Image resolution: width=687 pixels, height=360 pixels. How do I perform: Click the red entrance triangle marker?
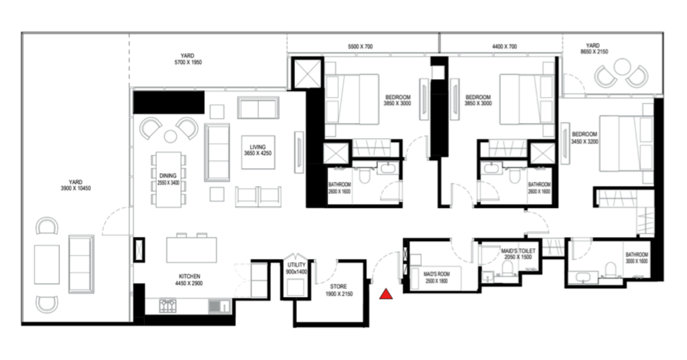click(386, 294)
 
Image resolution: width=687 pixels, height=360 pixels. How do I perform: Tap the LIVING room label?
click(258, 150)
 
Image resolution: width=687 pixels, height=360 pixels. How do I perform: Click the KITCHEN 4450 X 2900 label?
click(190, 280)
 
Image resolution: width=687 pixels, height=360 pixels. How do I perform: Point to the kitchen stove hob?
click(167, 306)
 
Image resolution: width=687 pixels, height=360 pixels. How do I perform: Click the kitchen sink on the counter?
click(219, 306)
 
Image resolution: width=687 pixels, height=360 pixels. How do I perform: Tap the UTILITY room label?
click(296, 268)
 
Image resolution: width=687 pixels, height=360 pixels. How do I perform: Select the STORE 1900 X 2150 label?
click(339, 290)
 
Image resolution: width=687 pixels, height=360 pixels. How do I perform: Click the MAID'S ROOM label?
click(437, 277)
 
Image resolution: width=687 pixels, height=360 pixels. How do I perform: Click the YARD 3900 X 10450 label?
click(75, 185)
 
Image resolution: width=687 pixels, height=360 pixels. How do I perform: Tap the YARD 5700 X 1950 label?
click(187, 59)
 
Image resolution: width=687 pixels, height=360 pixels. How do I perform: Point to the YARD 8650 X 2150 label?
click(594, 48)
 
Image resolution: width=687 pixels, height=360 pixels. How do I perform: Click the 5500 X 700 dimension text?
click(360, 46)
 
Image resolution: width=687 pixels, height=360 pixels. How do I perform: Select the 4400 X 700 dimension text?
click(504, 46)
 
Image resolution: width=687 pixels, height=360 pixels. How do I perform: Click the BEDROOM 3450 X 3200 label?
click(585, 138)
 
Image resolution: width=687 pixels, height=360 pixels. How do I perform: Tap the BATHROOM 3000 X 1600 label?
click(637, 258)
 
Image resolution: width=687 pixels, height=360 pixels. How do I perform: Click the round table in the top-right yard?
click(622, 67)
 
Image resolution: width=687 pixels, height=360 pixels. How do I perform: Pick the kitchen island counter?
click(191, 250)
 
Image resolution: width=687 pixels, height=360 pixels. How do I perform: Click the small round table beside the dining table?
click(170, 136)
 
